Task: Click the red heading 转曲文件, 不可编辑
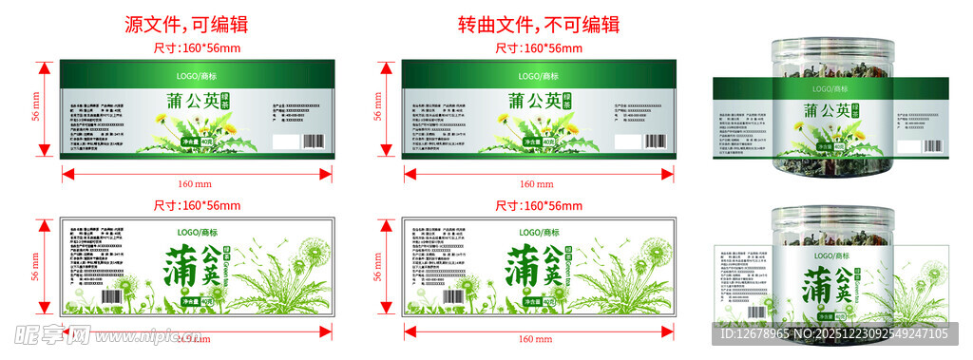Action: [x=538, y=25]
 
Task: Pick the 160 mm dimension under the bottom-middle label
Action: [x=538, y=338]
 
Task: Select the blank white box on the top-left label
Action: [x=284, y=141]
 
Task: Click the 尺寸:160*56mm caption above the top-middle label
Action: [x=538, y=47]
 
